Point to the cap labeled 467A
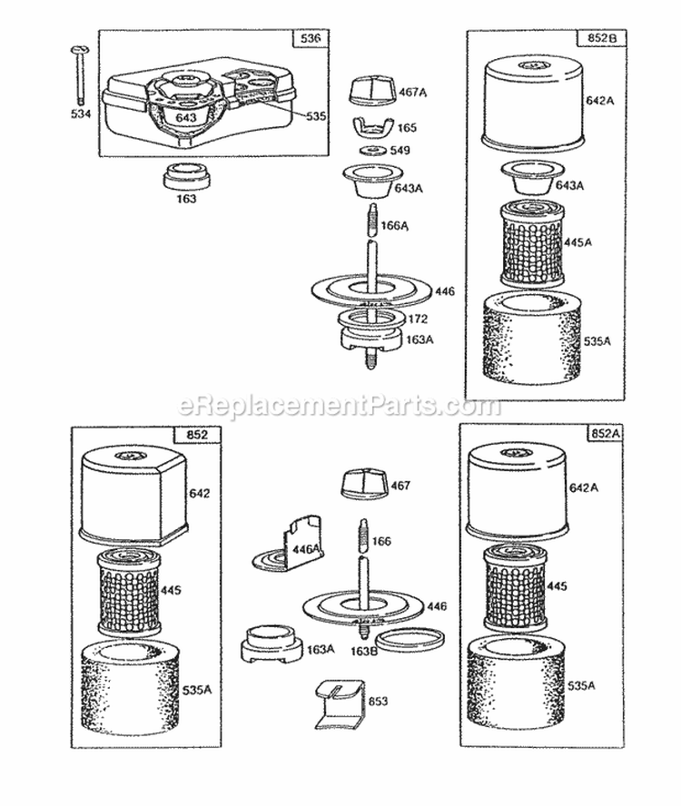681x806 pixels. (371, 92)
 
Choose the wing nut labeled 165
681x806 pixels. (372, 126)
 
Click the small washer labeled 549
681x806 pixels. (372, 150)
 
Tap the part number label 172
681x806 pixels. (417, 319)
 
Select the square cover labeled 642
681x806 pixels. (133, 495)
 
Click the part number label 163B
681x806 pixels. (363, 651)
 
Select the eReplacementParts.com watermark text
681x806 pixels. (340, 406)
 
